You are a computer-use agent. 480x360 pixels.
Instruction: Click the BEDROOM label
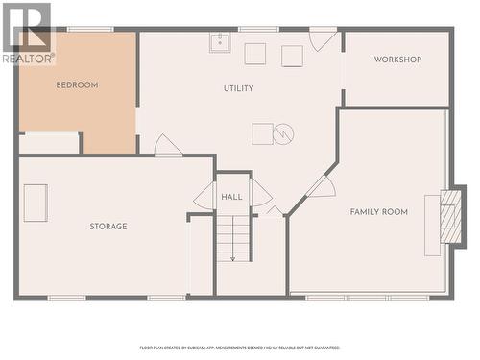77,85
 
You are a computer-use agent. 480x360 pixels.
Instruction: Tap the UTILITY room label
239,88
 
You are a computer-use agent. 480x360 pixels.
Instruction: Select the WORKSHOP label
397,60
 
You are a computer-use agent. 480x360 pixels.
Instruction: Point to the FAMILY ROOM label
378,212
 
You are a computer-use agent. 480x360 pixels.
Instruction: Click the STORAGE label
108,227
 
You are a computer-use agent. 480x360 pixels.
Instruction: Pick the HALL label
232,197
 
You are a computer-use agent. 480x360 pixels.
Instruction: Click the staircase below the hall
232,238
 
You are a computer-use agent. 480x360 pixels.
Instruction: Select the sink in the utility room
219,42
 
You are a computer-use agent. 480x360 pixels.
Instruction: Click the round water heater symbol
283,134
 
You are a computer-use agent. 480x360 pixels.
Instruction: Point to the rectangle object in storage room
36,203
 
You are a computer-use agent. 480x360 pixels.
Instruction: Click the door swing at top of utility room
322,39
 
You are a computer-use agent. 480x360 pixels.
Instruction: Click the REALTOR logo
27,33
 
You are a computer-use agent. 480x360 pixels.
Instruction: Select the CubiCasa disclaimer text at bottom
240,348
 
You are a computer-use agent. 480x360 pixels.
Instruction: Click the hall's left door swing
204,196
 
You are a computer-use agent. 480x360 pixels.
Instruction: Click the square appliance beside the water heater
262,133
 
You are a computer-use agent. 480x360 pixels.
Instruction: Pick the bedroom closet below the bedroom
49,143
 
